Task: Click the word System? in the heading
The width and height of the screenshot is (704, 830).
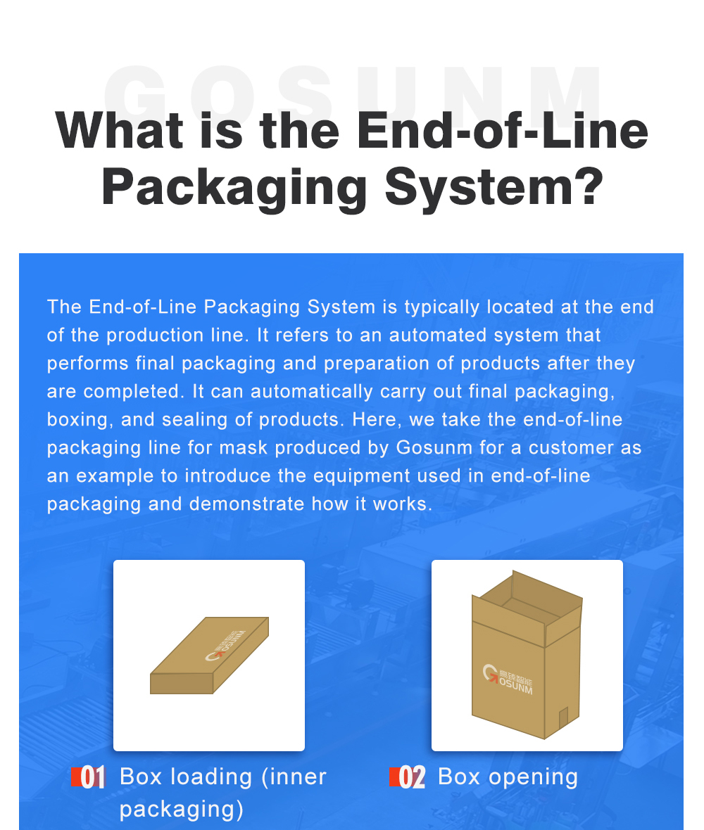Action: coord(494,187)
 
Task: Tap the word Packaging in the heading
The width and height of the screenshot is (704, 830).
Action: coord(234,187)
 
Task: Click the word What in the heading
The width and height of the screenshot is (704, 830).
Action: coord(119,130)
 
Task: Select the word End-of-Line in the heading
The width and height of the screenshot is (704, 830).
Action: coord(502,130)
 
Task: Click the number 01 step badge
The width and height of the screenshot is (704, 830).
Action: coord(89,777)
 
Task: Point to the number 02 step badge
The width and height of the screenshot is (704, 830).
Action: coord(408,777)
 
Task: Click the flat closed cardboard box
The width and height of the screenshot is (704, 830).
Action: coord(209,656)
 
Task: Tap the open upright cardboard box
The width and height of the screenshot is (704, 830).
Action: coord(527,655)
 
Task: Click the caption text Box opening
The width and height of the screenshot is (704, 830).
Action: coord(508,777)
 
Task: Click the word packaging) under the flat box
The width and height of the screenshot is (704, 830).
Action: coord(182,810)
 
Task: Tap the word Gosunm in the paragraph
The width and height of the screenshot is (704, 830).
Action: coord(434,448)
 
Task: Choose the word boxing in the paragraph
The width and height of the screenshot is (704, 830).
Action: coord(80,421)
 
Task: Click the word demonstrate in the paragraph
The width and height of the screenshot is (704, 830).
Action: coord(247,504)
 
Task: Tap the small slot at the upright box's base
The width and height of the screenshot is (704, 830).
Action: coord(563,717)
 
